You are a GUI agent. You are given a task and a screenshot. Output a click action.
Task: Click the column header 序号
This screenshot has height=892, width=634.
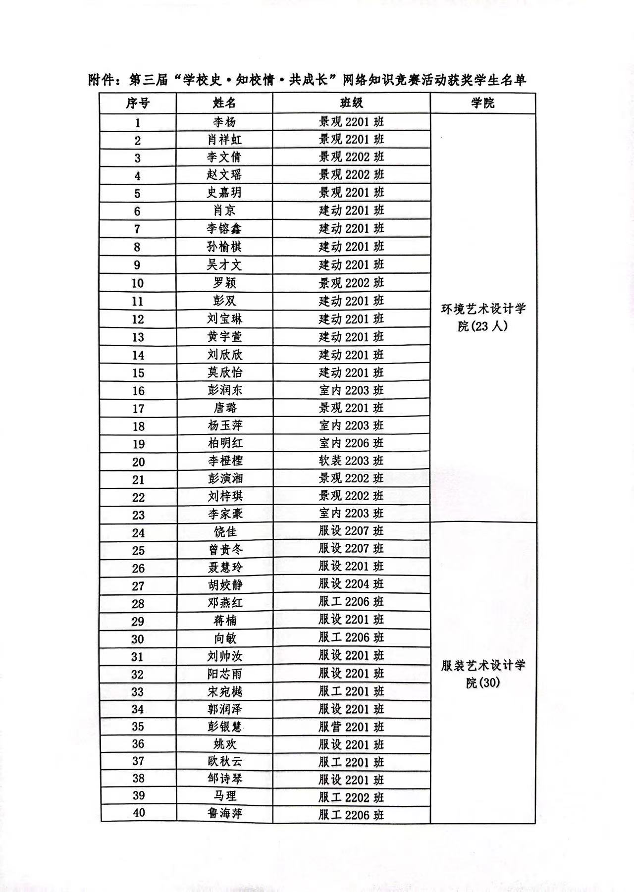point(138,103)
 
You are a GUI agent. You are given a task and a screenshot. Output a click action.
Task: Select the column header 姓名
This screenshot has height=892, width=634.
point(224,103)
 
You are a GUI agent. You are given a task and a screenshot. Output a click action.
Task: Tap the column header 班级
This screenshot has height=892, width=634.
point(351,103)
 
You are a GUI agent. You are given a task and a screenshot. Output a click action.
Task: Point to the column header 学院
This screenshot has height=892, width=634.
point(482,103)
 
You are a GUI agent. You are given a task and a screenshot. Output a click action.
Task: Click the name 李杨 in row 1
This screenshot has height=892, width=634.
point(224,122)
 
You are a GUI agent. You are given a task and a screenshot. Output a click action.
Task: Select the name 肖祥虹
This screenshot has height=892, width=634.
point(224,140)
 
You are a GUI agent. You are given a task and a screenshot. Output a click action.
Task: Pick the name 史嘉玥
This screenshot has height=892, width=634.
point(224,193)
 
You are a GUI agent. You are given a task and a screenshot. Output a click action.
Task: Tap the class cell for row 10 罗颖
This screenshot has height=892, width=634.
point(351,283)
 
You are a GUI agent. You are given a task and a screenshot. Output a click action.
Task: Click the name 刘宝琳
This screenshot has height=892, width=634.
point(224,319)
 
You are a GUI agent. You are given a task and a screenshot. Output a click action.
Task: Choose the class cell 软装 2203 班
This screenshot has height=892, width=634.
point(351,461)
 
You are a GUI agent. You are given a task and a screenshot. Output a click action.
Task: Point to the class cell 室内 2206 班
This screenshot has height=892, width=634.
point(351,443)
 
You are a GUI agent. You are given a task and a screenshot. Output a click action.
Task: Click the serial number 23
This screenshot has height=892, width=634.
point(138,515)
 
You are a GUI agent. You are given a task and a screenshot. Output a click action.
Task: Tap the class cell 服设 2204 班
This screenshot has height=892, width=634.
point(351,584)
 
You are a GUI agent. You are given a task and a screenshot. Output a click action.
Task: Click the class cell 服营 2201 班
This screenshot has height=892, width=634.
point(351,727)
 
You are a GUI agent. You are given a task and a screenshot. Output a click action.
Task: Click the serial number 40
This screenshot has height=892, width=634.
point(139,813)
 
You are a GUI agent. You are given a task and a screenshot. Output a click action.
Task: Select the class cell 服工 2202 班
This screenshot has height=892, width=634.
point(351,797)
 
